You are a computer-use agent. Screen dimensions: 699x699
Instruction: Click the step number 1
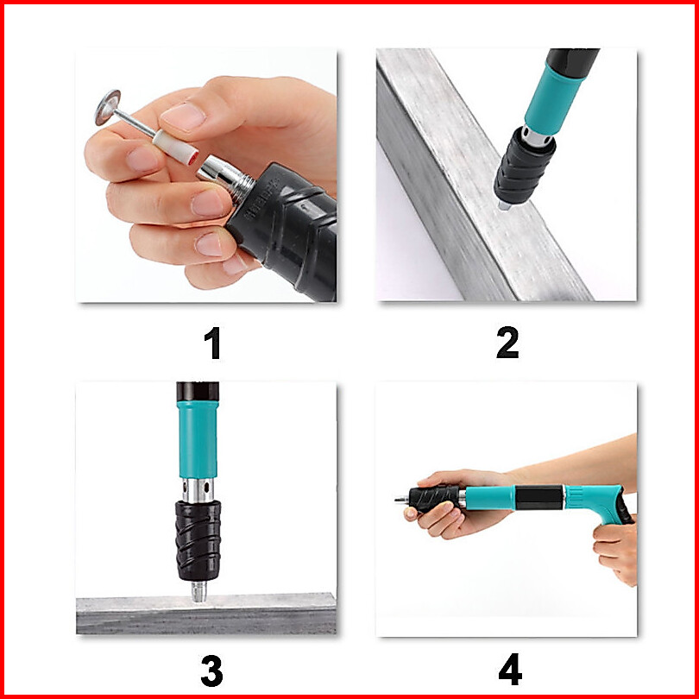click(x=213, y=343)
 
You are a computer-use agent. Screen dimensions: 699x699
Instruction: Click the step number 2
click(x=507, y=343)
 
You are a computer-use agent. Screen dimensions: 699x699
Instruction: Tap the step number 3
click(x=211, y=671)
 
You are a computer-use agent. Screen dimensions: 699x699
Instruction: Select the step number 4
click(x=510, y=669)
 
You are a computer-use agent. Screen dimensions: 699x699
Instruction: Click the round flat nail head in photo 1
click(x=108, y=107)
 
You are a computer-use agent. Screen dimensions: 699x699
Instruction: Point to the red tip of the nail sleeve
click(x=193, y=157)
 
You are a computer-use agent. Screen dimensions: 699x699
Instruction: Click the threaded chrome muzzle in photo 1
click(x=226, y=179)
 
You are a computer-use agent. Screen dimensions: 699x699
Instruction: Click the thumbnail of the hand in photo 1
click(x=183, y=116)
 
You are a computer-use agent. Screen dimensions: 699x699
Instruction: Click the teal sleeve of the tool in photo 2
click(x=555, y=99)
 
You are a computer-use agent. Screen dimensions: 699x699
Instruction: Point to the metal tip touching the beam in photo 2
click(x=504, y=205)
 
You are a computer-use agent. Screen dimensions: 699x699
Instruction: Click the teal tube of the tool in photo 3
click(x=198, y=439)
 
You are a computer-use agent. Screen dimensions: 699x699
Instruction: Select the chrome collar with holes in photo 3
click(x=198, y=490)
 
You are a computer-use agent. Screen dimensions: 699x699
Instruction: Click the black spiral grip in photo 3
click(x=198, y=540)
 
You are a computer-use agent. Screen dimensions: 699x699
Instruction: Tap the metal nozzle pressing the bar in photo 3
click(x=198, y=592)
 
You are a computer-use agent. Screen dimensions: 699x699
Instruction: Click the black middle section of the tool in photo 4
click(x=539, y=498)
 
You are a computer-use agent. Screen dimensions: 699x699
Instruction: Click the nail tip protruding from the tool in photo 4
click(x=401, y=501)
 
